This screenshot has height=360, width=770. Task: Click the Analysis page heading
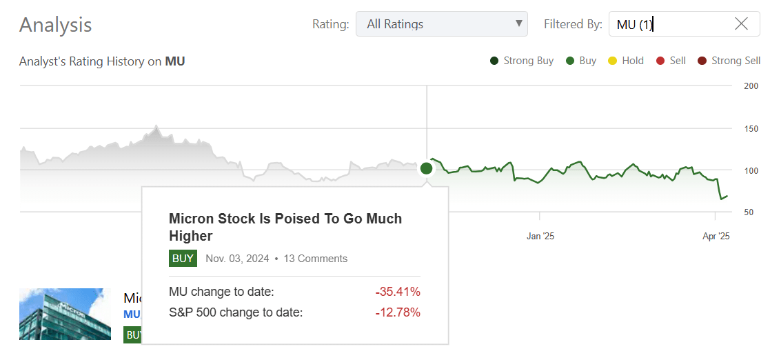click(x=55, y=25)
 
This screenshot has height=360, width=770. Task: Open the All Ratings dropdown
click(x=441, y=24)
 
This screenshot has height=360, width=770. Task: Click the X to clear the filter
click(x=741, y=24)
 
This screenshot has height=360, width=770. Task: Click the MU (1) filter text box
click(x=669, y=24)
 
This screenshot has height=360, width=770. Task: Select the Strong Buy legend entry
click(x=522, y=61)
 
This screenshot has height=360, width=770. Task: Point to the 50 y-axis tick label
click(x=749, y=212)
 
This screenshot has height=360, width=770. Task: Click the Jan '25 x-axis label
click(x=540, y=236)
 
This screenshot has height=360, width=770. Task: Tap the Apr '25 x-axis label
click(x=716, y=236)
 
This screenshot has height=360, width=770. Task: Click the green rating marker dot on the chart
click(x=426, y=168)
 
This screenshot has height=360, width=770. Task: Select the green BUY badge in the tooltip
click(x=183, y=259)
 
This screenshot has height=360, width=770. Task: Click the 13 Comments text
click(x=315, y=259)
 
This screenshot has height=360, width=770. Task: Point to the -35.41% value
click(x=398, y=292)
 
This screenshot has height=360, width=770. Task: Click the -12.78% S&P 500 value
click(x=398, y=312)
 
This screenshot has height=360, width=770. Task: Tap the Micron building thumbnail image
click(x=65, y=314)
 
